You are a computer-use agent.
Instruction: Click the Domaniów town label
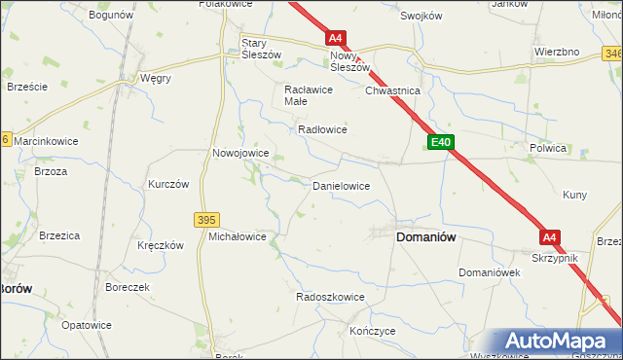425,236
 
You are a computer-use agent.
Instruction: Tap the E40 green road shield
440,142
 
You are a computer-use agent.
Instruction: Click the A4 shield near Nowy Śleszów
335,38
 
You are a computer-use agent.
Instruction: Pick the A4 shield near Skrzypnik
550,236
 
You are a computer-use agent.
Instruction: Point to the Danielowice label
340,184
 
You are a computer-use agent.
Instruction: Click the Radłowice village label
323,129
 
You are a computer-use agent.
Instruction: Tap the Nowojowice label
240,153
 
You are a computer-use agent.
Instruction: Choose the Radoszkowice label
330,297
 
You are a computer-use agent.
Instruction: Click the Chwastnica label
391,90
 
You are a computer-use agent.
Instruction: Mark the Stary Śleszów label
261,49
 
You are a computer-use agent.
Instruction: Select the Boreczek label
128,288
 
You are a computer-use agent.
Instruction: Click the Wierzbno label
557,51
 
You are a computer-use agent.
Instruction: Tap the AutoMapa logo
559,342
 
